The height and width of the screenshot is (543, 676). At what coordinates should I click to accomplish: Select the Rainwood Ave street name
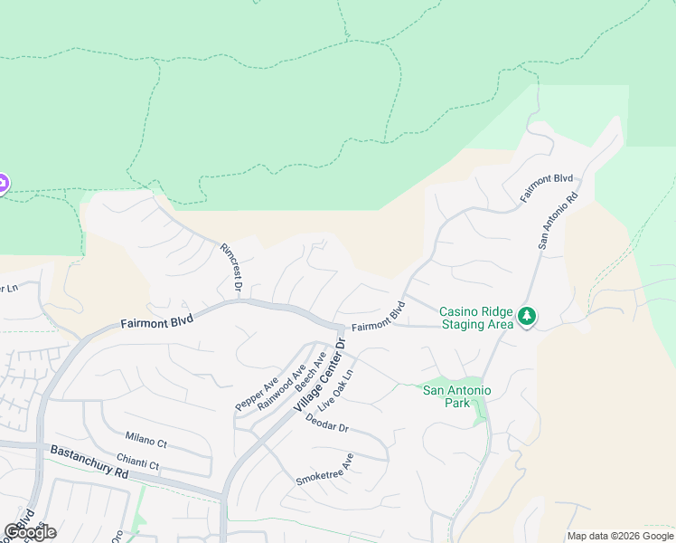point(282,386)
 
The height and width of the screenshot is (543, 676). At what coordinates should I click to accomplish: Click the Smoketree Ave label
point(324,471)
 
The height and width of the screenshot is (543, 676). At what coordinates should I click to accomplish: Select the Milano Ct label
point(146,438)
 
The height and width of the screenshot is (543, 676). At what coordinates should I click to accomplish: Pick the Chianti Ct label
point(137,462)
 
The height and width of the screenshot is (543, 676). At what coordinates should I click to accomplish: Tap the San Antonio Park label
point(457,396)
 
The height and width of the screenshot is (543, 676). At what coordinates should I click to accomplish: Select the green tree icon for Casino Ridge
point(527,317)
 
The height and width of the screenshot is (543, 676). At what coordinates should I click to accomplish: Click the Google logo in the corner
point(30,532)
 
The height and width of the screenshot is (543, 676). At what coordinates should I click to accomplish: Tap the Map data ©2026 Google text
point(619,536)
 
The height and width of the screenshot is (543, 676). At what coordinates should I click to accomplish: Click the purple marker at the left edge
point(2,184)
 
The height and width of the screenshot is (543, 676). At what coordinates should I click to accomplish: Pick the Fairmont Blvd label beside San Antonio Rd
point(547,187)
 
